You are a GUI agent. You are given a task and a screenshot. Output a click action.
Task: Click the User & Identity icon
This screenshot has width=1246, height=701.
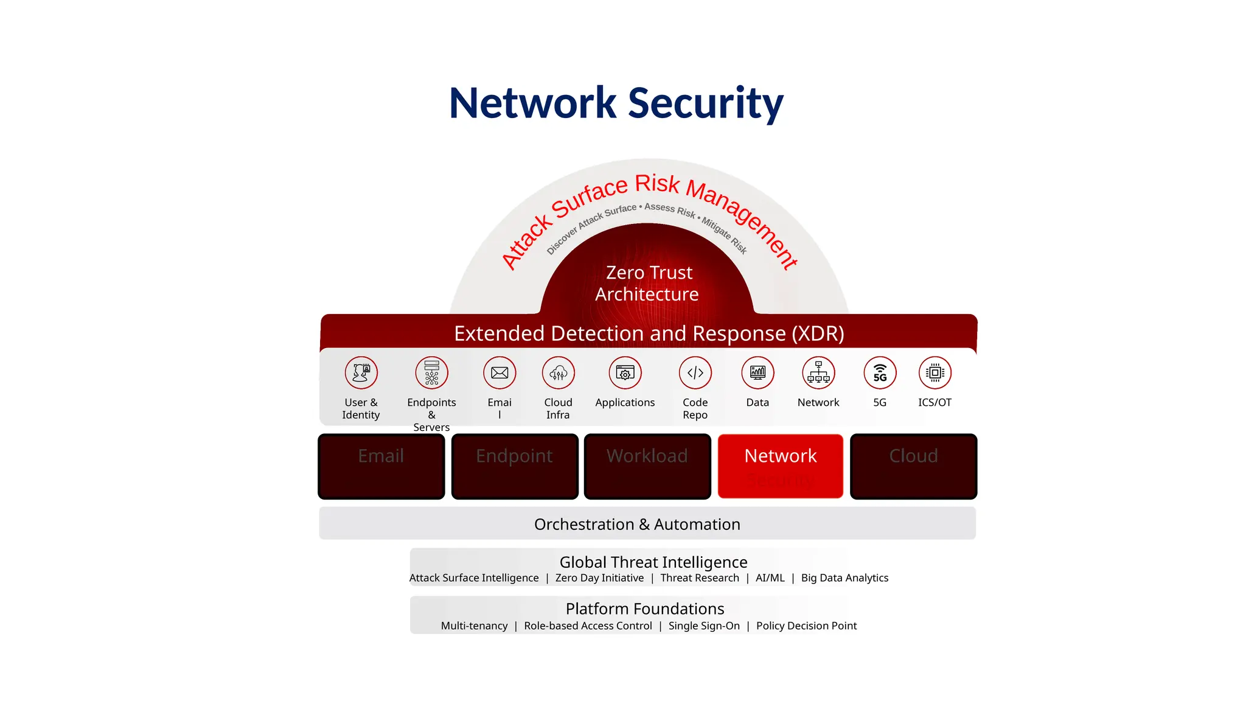point(361,372)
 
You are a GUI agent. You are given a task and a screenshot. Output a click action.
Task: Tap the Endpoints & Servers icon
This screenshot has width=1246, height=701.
point(431,372)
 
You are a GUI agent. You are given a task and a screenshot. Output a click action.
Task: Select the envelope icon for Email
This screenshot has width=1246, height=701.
point(499,372)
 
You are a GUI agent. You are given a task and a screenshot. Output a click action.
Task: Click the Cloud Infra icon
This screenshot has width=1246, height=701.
point(558,372)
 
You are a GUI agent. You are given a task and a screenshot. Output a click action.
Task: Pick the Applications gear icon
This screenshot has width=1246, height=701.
point(625,372)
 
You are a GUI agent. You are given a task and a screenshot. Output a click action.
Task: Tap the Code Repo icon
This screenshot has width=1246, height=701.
point(695,372)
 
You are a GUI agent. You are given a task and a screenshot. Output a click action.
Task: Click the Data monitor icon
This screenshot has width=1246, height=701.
point(757,372)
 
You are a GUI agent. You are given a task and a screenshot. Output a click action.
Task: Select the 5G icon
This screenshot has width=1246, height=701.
point(880,372)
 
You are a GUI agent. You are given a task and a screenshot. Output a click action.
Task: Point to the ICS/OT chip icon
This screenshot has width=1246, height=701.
point(934,372)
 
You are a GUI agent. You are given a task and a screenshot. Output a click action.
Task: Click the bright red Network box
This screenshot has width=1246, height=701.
point(780,466)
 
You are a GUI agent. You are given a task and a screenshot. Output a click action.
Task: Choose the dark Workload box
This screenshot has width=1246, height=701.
point(647,466)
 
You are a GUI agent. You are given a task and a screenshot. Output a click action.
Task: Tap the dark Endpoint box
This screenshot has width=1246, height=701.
point(515,466)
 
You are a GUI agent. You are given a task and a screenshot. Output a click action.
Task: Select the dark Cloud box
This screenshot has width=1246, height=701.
point(913,466)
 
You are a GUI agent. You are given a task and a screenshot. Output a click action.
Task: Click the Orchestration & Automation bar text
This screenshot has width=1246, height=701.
point(637,524)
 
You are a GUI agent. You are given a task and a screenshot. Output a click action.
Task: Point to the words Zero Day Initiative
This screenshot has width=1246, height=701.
point(599,578)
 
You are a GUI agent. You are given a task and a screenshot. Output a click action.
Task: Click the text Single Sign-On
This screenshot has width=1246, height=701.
point(704,626)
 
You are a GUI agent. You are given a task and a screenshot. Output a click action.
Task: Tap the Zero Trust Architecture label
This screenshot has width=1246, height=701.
point(647,283)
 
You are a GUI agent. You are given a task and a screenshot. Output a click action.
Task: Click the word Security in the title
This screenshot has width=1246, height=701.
point(705,103)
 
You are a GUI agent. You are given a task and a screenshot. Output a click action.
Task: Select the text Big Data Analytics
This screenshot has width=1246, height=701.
point(844,578)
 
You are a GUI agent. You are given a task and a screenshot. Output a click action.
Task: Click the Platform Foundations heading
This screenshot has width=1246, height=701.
point(645,609)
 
